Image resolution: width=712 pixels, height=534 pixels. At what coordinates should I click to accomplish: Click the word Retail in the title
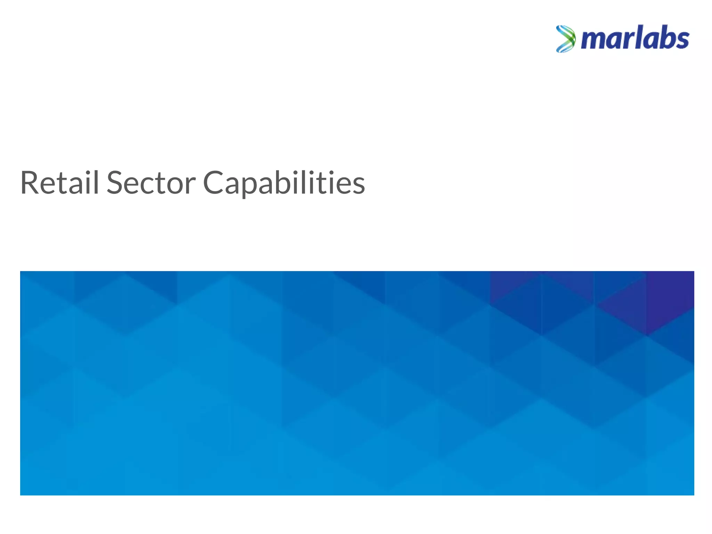point(59,183)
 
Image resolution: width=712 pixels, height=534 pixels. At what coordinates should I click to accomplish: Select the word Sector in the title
point(151,183)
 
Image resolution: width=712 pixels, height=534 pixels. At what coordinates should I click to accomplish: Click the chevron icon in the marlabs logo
point(565,39)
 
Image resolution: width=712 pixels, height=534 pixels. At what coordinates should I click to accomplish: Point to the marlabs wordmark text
point(635,38)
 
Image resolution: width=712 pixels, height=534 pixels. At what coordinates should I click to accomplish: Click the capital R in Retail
point(30,183)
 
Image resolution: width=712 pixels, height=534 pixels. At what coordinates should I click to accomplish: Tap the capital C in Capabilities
point(212,183)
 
